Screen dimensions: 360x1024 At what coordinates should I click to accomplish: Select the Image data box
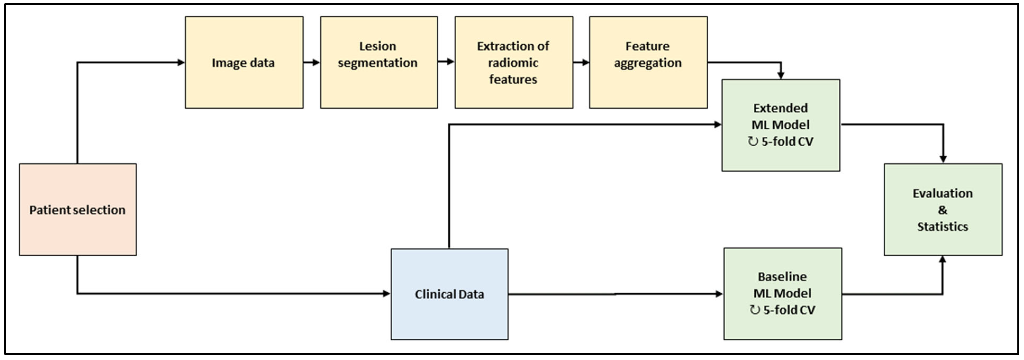244,62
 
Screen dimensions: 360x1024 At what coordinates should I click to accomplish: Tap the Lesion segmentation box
379,62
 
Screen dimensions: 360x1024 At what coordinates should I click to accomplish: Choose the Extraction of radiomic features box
514,62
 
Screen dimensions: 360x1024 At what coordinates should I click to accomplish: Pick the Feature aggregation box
648,62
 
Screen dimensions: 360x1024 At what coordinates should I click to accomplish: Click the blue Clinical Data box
449,294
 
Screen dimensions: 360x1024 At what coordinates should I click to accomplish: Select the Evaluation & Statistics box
943,209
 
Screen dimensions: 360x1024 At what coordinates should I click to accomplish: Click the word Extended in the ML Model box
780,108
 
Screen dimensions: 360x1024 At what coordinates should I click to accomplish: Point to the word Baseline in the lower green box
782,276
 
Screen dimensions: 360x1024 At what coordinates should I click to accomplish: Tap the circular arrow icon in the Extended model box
753,141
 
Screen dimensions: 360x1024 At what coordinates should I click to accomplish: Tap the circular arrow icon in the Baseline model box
754,310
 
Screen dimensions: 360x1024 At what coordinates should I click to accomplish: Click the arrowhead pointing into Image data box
181,62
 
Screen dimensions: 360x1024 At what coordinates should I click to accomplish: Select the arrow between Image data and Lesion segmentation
312,62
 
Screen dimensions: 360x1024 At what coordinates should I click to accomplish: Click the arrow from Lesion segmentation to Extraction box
446,62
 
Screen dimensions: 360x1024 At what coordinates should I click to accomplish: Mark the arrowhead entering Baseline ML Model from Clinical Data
719,294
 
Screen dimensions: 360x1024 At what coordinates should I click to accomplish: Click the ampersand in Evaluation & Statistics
943,210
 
